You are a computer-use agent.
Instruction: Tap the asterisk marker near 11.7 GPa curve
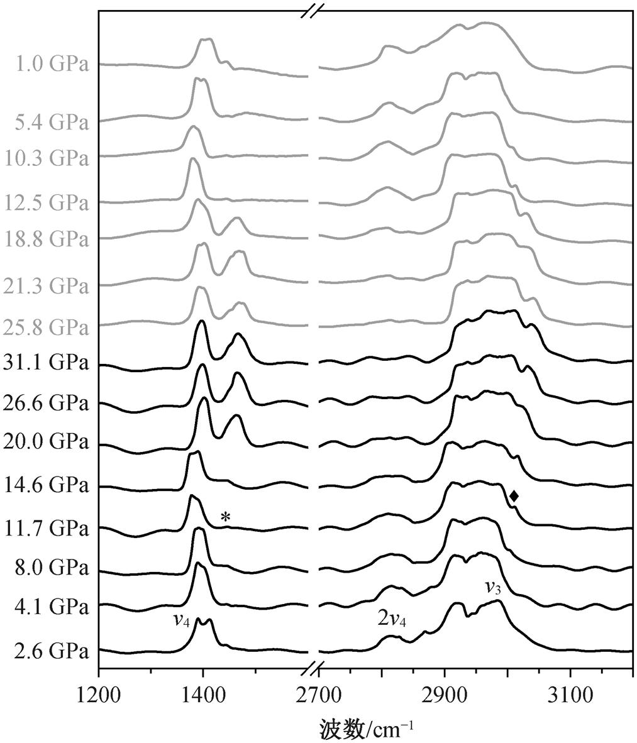(x=226, y=518)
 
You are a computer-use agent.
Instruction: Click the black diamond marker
(x=514, y=496)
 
